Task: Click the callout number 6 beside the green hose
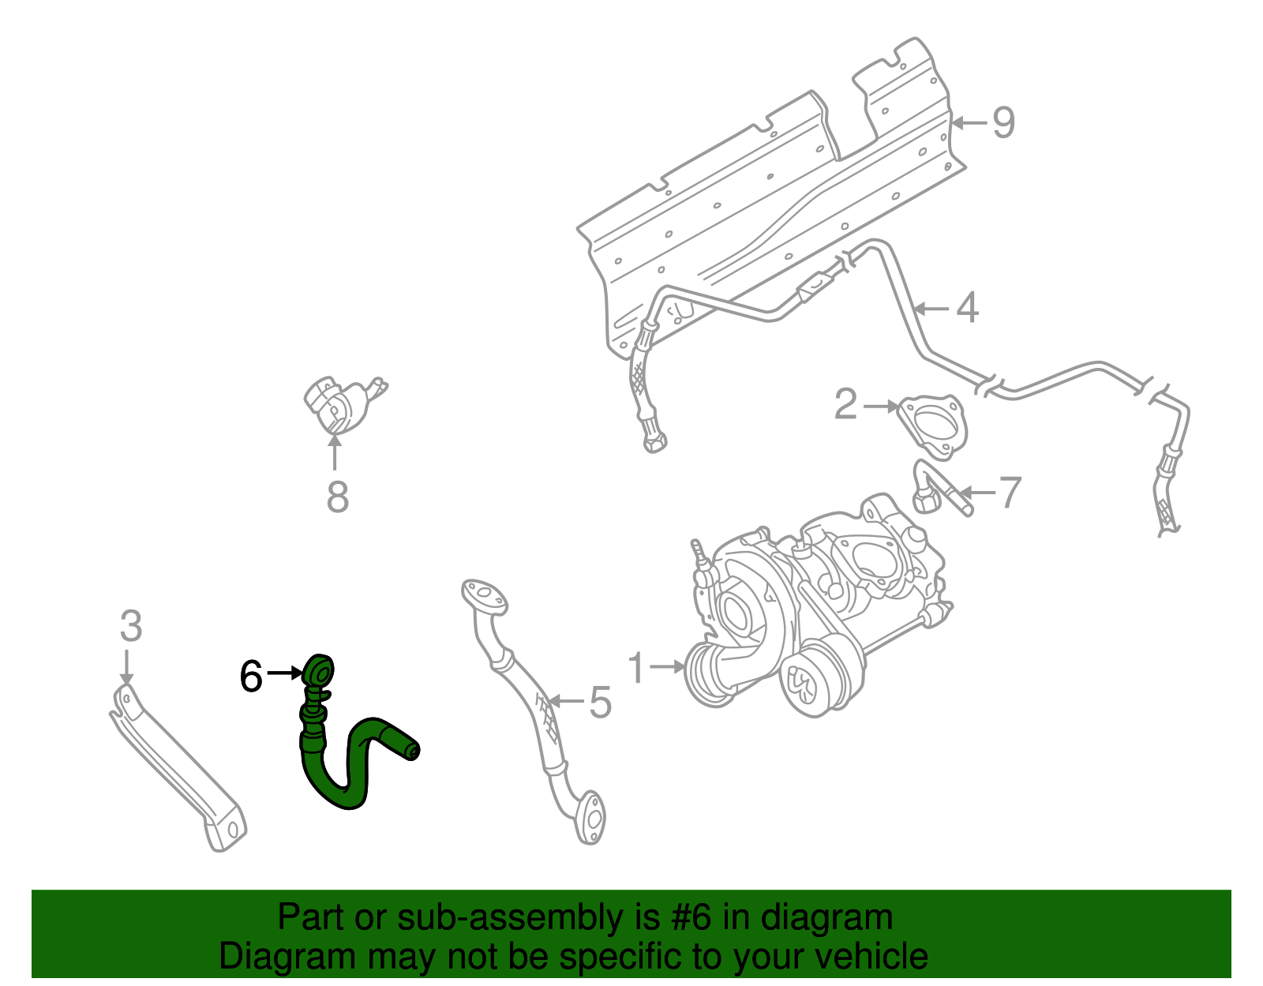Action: (x=251, y=677)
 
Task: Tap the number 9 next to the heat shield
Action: (x=1003, y=123)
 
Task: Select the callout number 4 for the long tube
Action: (x=967, y=308)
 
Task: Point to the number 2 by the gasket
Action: (x=845, y=405)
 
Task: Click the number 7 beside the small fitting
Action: (x=1010, y=493)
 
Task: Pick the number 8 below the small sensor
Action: (x=337, y=497)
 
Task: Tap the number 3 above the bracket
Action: (x=131, y=627)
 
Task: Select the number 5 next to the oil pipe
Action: (x=600, y=702)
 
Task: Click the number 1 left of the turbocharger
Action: (x=637, y=668)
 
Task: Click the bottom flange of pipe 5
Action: (x=590, y=819)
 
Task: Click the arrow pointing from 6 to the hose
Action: (x=285, y=673)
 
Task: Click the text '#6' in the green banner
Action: (x=690, y=918)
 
